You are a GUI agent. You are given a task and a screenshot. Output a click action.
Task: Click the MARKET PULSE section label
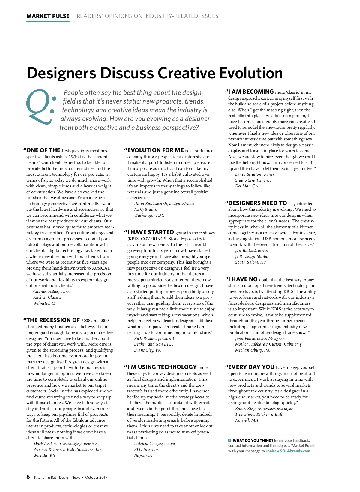tap(48, 16)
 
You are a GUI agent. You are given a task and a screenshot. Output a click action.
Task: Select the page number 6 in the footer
tap(28, 477)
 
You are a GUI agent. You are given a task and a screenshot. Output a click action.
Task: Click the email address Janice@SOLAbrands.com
tap(288, 451)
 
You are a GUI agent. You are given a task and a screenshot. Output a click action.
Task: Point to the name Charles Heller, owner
tap(52, 291)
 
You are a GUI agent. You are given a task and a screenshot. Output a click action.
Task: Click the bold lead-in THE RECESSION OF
tap(53, 320)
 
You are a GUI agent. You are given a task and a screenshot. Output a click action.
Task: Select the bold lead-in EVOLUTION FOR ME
tap(155, 150)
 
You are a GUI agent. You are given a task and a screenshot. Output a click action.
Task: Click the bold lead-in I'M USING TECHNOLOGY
tap(162, 367)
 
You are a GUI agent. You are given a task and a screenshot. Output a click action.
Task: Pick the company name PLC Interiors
tap(146, 449)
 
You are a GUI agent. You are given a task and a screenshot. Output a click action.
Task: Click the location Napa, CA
tap(143, 455)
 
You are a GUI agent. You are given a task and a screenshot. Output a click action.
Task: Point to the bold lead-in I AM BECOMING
tap(251, 92)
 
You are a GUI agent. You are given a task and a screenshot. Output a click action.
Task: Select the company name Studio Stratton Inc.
tap(253, 180)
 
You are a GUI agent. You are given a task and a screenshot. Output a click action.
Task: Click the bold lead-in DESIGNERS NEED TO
tap(258, 203)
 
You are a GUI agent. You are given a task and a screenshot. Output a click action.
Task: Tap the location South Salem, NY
tap(251, 262)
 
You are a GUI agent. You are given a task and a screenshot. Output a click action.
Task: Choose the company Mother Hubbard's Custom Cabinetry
tap(268, 344)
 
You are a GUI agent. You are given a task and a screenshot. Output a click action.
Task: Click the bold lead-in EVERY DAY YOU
tap(251, 367)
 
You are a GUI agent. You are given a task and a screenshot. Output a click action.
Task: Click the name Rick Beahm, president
tap(154, 338)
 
